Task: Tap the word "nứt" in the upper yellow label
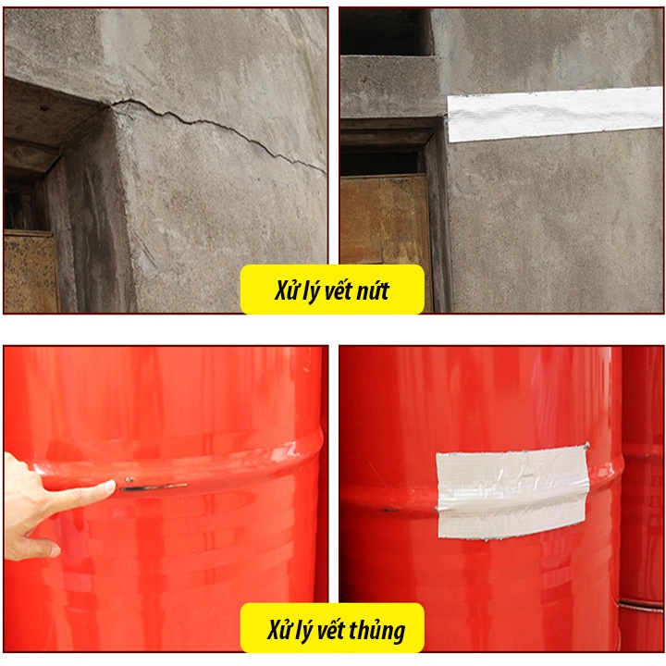click(371, 291)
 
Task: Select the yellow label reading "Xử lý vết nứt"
click(332, 290)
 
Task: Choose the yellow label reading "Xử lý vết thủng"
click(332, 630)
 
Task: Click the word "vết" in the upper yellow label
click(338, 291)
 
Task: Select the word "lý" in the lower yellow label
click(309, 631)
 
